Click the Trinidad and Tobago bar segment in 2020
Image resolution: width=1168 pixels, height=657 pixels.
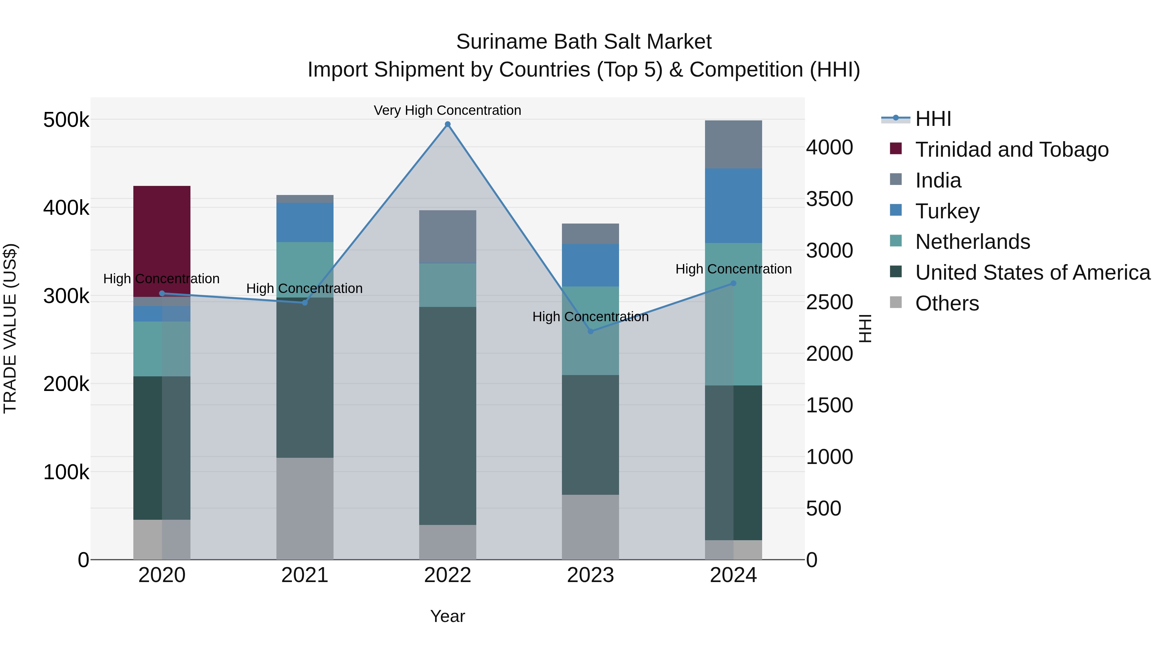(162, 241)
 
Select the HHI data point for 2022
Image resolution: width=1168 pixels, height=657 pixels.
(447, 124)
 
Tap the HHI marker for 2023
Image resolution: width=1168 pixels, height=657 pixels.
(590, 332)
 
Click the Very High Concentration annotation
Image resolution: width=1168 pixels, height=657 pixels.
(447, 110)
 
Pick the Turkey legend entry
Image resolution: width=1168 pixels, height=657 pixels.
(947, 211)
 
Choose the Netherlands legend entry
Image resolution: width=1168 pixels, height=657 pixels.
(973, 242)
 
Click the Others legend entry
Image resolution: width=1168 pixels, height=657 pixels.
(947, 303)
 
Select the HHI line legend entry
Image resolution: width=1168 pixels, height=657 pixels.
(933, 119)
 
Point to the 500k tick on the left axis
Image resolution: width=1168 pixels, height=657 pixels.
(66, 120)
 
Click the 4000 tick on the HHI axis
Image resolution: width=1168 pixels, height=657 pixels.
(829, 147)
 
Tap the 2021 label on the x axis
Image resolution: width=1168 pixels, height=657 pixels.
(305, 575)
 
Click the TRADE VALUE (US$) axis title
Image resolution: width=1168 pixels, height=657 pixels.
(10, 328)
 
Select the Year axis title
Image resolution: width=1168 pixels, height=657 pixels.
(447, 616)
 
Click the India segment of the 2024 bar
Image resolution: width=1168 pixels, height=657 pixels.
(733, 144)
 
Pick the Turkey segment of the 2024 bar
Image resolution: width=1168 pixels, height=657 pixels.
(733, 205)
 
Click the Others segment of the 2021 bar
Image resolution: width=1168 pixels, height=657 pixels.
(305, 508)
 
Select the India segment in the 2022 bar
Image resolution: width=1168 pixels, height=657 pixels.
(447, 236)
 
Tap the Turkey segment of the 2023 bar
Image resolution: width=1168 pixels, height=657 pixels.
(590, 265)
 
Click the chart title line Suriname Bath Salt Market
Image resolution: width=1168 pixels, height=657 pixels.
(584, 42)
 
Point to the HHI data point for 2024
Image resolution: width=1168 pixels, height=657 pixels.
(733, 283)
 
